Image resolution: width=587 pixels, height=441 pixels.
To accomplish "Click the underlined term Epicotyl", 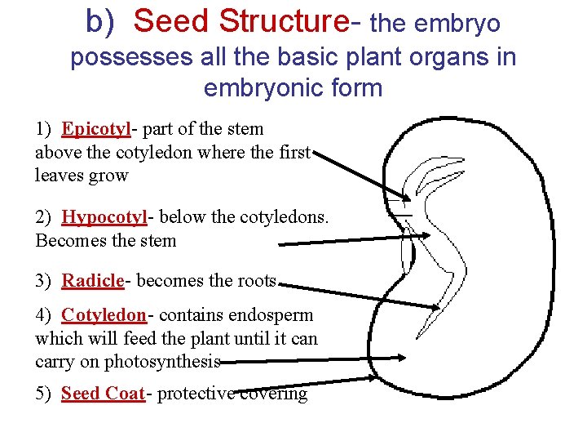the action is pyautogui.click(x=96, y=129).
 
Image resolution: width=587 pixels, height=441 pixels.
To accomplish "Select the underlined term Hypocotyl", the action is pyautogui.click(x=104, y=217).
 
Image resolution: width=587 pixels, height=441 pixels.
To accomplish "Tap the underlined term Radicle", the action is pyautogui.click(x=93, y=281).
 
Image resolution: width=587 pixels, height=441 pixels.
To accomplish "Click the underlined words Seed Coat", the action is pyautogui.click(x=103, y=394).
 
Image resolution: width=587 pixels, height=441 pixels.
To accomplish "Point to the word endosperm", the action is pyautogui.click(x=272, y=315).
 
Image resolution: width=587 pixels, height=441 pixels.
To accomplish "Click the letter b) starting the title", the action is pyautogui.click(x=101, y=22).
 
